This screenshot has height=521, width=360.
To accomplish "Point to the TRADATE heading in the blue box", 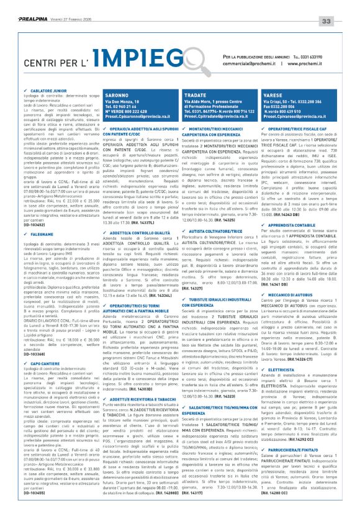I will coord(178,94).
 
